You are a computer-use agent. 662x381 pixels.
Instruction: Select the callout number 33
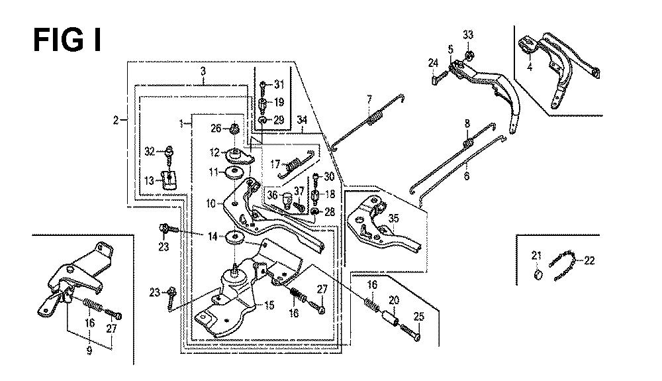[468, 34]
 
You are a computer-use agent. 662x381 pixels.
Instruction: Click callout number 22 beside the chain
[589, 260]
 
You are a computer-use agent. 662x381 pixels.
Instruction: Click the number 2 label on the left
[116, 120]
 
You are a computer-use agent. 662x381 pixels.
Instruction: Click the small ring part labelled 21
[538, 274]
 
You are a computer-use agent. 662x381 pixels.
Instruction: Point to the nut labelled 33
[468, 54]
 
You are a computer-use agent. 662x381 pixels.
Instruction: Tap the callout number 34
[302, 120]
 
